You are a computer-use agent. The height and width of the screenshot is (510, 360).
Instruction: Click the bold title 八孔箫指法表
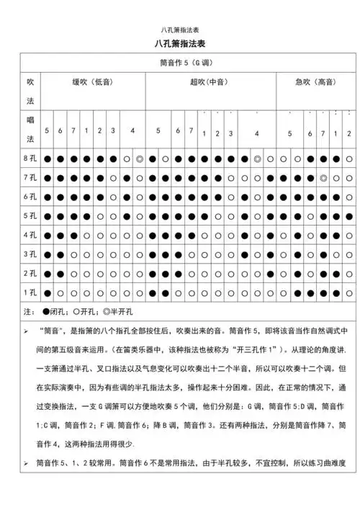[x=179, y=45]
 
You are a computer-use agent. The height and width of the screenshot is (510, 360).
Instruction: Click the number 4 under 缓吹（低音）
[x=132, y=130]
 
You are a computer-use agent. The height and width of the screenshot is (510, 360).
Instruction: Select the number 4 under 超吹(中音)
[x=256, y=134]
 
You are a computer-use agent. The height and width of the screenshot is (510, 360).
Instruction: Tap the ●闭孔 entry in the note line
[x=53, y=312]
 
